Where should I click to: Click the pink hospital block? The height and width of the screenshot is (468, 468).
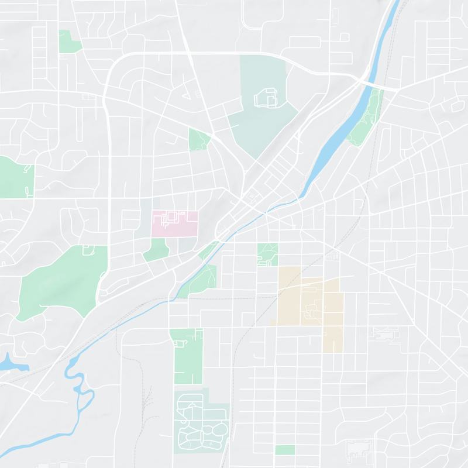pyautogui.click(x=174, y=223)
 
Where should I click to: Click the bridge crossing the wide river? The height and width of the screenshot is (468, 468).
pyautogui.click(x=370, y=84)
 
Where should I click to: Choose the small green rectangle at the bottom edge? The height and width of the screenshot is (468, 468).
pyautogui.click(x=285, y=449)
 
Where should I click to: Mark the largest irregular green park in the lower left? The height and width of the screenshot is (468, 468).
pyautogui.click(x=58, y=281)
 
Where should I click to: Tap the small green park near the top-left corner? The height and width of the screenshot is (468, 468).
pyautogui.click(x=70, y=41)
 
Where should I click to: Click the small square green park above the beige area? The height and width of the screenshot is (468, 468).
pyautogui.click(x=268, y=254)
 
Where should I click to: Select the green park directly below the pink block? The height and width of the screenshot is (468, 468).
pyautogui.click(x=157, y=250)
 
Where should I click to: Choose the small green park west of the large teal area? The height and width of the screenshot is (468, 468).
pyautogui.click(x=199, y=139)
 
